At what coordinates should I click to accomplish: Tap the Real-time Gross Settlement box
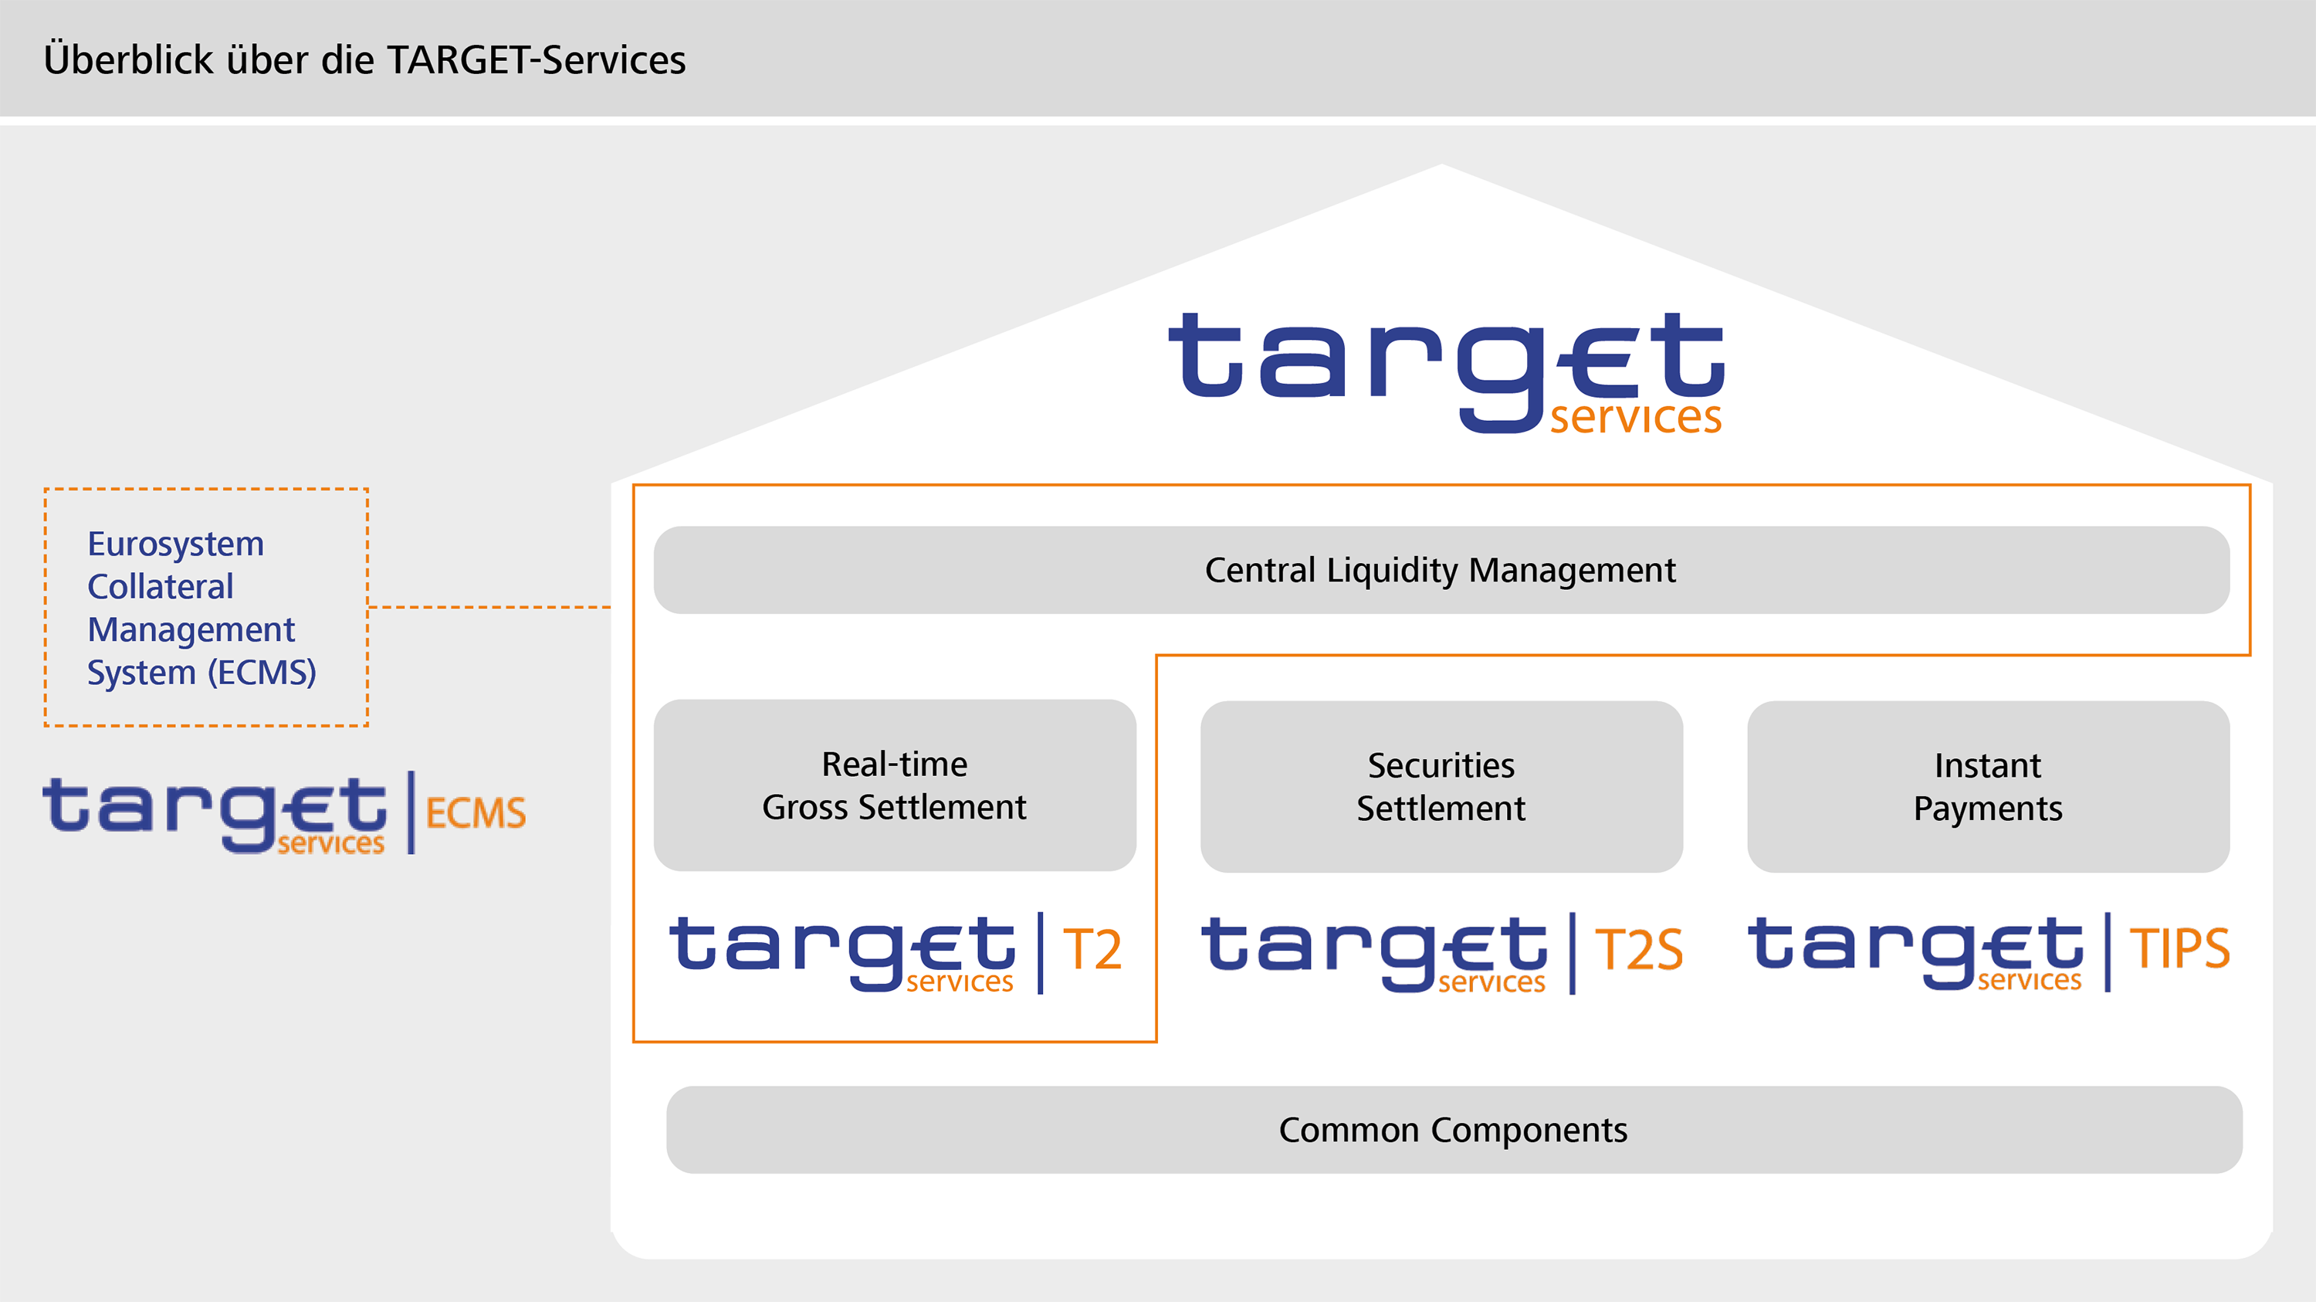[895, 785]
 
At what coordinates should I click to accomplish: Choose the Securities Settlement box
[1441, 787]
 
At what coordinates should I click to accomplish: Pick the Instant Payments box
[1988, 787]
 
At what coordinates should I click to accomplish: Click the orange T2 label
[1092, 950]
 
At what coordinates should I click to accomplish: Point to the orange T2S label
[1638, 951]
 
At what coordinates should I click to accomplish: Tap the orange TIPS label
[2179, 948]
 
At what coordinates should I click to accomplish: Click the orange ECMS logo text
[475, 813]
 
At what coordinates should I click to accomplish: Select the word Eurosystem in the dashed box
[175, 544]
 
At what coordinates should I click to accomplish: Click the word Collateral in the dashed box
[160, 586]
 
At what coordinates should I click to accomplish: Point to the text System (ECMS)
[201, 673]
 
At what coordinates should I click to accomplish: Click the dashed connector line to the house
[490, 607]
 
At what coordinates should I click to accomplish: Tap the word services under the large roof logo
[1635, 417]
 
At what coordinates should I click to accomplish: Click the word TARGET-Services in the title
[536, 60]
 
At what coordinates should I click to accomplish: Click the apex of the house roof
[1441, 168]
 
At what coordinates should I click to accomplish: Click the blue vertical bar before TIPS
[2108, 951]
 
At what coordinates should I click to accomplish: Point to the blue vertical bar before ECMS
[411, 812]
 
